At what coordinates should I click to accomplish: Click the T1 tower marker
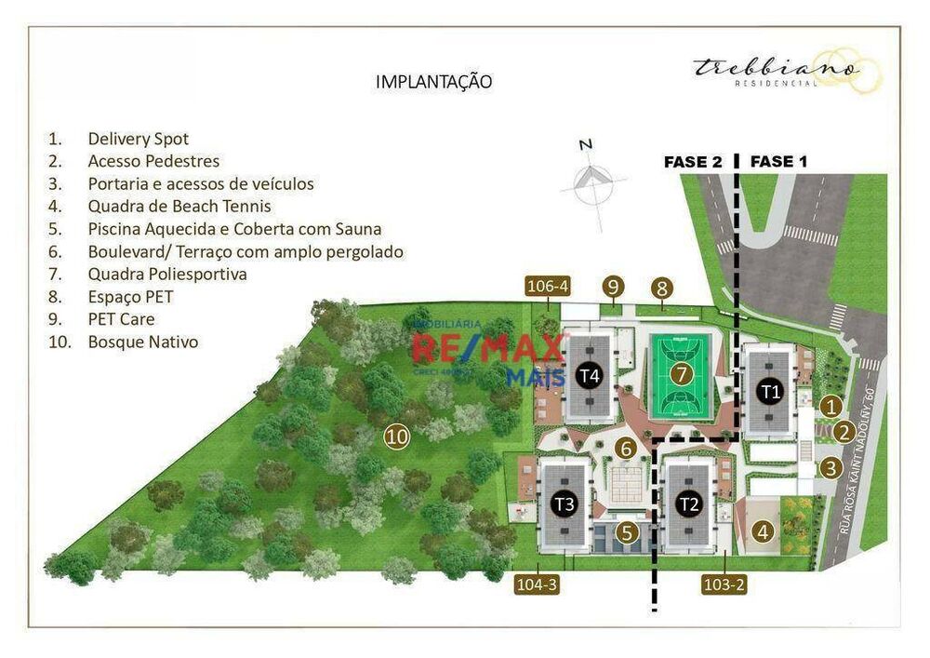[769, 391]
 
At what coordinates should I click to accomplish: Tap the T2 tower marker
[689, 504]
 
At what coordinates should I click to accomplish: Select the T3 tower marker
[564, 504]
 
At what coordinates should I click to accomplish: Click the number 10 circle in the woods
[397, 436]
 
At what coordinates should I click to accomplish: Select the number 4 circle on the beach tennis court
[763, 533]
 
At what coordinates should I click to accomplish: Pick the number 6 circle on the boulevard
[626, 449]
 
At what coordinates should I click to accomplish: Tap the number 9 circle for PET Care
[612, 287]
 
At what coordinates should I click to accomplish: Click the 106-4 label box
[547, 286]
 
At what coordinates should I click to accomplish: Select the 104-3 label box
[538, 584]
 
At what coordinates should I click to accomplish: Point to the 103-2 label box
[724, 584]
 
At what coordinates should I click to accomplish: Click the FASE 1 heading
[778, 161]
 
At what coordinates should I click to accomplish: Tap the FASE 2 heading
[693, 161]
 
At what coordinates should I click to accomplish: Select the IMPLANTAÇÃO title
[433, 82]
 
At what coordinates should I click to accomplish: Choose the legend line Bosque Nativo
[142, 342]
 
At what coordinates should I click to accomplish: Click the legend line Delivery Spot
[138, 139]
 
